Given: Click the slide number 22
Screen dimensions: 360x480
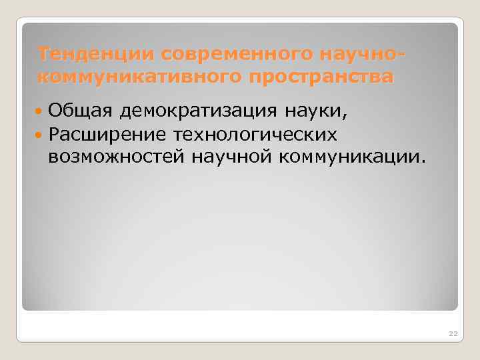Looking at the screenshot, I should pyautogui.click(x=453, y=333).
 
